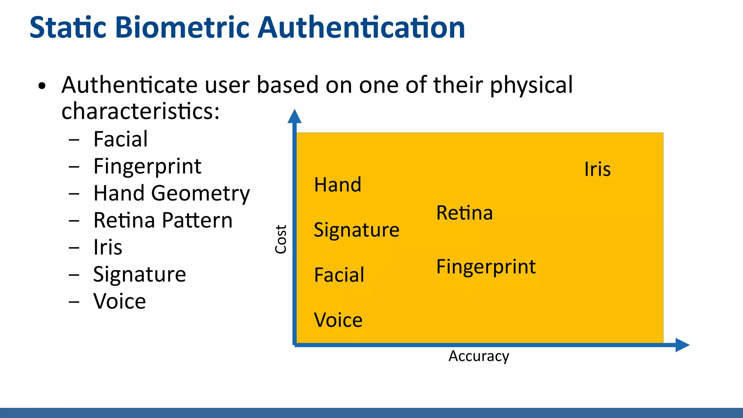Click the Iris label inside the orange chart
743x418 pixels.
(597, 169)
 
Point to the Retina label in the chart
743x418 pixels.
(464, 213)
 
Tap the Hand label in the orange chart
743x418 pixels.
(338, 185)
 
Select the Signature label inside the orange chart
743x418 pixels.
(357, 230)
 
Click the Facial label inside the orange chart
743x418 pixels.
(339, 275)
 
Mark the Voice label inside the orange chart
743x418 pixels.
(338, 320)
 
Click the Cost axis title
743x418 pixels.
(281, 239)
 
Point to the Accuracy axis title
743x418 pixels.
(479, 356)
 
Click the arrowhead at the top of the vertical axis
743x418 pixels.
(294, 116)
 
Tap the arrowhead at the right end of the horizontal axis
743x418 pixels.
(682, 345)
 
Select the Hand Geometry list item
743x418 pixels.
(172, 193)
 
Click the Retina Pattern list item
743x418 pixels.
(163, 220)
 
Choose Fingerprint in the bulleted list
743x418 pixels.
(147, 167)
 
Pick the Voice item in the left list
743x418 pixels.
(120, 301)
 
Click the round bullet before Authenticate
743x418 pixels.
(42, 86)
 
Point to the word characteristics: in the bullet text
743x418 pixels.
(140, 111)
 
